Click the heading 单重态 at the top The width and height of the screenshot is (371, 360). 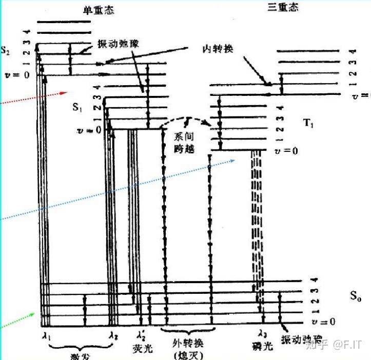coord(98,10)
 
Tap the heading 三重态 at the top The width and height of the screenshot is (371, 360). coord(282,7)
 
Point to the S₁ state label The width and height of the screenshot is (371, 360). coord(77,108)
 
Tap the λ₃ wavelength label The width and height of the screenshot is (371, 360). coord(263,334)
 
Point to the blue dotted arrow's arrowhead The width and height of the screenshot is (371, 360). coord(233,160)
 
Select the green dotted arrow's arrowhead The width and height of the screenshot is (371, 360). coord(34,314)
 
